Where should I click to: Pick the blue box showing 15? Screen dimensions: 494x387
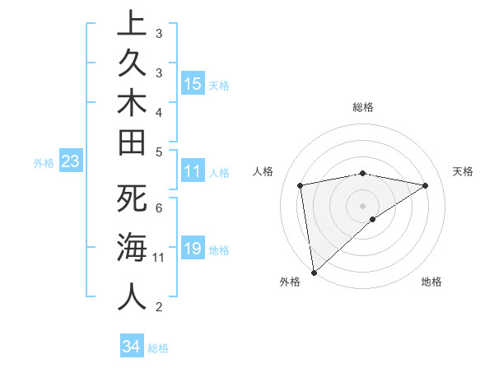pos(193,83)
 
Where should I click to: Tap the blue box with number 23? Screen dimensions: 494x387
pos(70,162)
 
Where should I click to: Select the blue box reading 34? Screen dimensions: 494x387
pos(131,347)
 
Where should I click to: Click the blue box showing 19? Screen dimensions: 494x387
pos(193,249)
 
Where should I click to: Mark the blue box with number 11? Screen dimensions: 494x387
pos(193,171)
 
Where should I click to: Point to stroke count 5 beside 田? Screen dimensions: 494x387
pos(159,152)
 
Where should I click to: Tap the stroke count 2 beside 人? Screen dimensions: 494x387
pos(159,308)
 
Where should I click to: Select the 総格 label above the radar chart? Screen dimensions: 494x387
pos(363,107)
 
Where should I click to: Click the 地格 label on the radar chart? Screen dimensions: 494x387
pos(431,282)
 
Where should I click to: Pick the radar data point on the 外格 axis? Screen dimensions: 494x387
pos(314,272)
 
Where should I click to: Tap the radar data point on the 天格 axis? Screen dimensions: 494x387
pos(426,185)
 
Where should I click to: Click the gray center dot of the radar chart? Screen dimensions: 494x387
pos(363,205)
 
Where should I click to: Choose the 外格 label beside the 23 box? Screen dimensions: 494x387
pos(44,163)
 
